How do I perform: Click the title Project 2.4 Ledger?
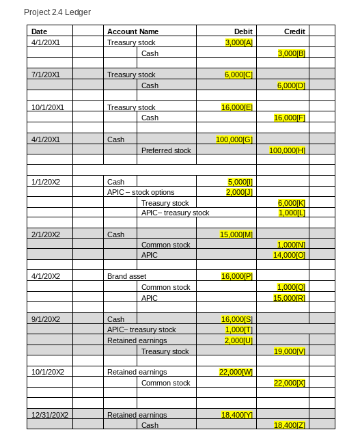pos(57,12)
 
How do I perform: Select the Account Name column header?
pos(133,31)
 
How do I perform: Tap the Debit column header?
pos(243,31)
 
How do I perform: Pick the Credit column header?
pos(294,31)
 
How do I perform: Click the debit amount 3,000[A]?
pos(239,42)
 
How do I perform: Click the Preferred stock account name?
pos(166,150)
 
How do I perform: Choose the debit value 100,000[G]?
pos(234,139)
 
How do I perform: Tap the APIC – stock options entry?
pos(141,192)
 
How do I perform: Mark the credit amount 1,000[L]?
pos(292,213)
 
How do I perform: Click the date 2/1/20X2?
pos(46,234)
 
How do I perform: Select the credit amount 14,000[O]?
pos(291,255)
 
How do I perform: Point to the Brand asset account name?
pos(126,276)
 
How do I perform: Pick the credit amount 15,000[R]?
pos(291,298)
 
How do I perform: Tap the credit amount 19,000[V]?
pos(291,351)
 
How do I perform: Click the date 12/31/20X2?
pos(50,415)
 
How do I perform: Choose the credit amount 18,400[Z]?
pos(291,425)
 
